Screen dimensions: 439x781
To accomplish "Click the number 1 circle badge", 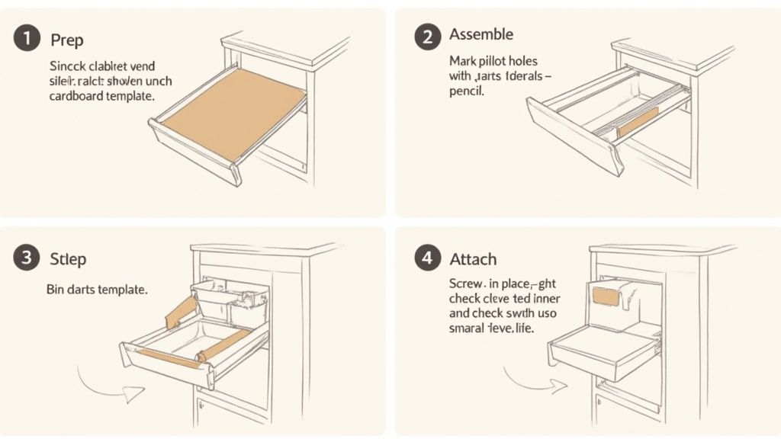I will (27, 38).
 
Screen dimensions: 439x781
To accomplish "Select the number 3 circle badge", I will (27, 258).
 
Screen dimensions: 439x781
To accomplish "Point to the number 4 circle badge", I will (426, 258).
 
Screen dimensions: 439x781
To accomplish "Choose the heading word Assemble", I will (481, 34).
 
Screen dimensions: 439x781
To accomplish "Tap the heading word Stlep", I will (68, 258).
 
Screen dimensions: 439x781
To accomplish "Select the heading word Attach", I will (473, 258).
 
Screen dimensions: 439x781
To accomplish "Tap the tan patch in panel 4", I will (606, 293).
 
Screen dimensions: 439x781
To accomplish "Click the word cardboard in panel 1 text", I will (77, 97).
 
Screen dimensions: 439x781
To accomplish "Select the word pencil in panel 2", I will (467, 91).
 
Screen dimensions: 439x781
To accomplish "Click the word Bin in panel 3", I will (56, 290).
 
